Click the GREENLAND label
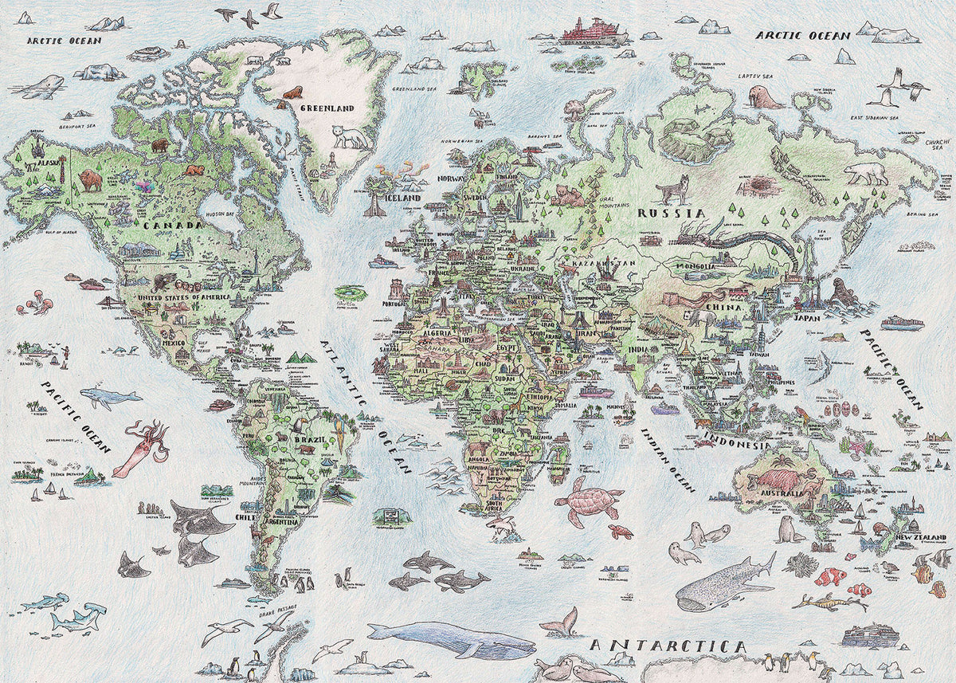[x=327, y=108]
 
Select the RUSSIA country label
[x=672, y=214]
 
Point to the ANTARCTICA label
[x=668, y=646]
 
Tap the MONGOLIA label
[x=699, y=267]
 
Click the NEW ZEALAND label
[x=922, y=538]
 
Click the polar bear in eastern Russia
[x=866, y=173]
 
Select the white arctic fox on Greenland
[x=351, y=137]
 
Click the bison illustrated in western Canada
[x=90, y=180]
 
